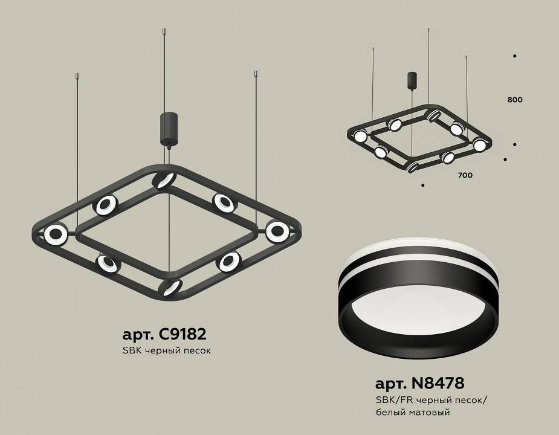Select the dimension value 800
click(x=515, y=99)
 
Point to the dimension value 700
click(x=465, y=175)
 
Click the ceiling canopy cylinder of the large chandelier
click(x=167, y=127)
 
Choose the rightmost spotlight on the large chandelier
click(x=277, y=230)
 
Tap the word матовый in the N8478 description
click(x=430, y=412)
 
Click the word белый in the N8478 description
click(x=391, y=412)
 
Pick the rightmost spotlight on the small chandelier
click(x=479, y=145)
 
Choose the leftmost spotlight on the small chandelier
click(x=360, y=135)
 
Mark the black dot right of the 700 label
click(x=505, y=160)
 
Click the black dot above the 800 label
click(x=514, y=56)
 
